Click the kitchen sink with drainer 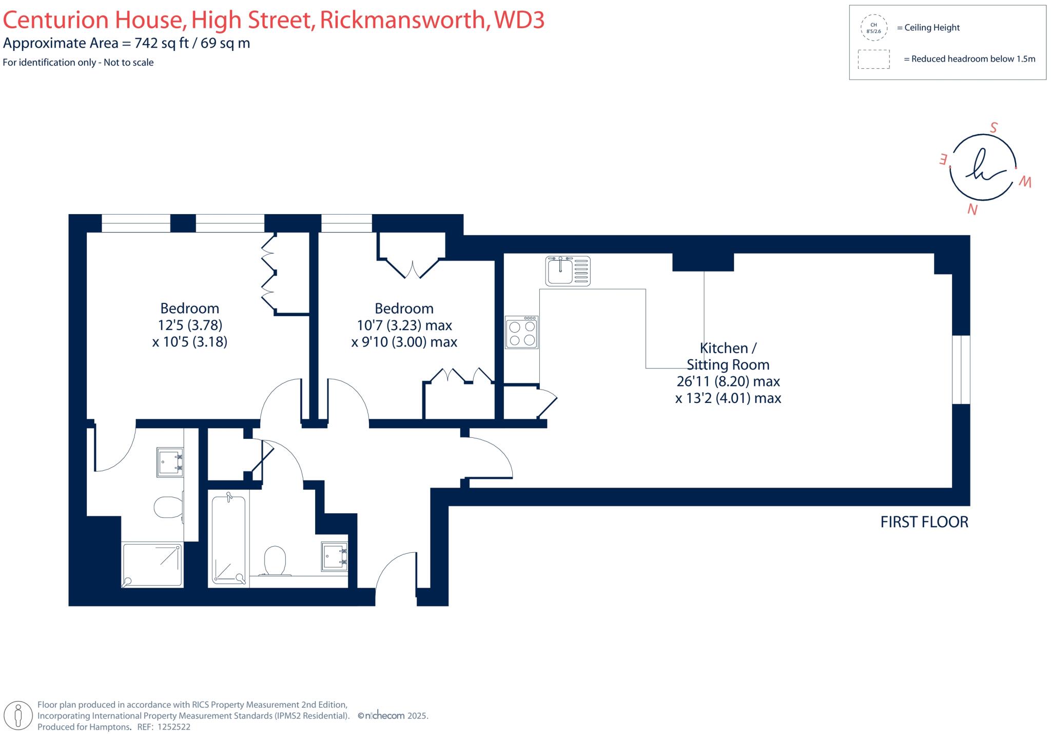point(568,271)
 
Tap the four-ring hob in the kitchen point(522,333)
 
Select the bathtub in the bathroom point(229,538)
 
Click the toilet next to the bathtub point(275,560)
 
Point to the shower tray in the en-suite point(152,565)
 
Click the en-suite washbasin point(170,462)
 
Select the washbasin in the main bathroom point(335,557)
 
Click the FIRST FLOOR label point(924,522)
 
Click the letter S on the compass point(994,128)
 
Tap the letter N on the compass point(972,209)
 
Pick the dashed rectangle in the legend point(873,59)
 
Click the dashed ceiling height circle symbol point(873,28)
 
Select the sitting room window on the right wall point(961,370)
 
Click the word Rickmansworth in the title point(402,20)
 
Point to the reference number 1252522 point(173,727)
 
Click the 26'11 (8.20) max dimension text point(728,381)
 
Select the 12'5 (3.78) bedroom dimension point(190,325)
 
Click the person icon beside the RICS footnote point(19,715)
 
